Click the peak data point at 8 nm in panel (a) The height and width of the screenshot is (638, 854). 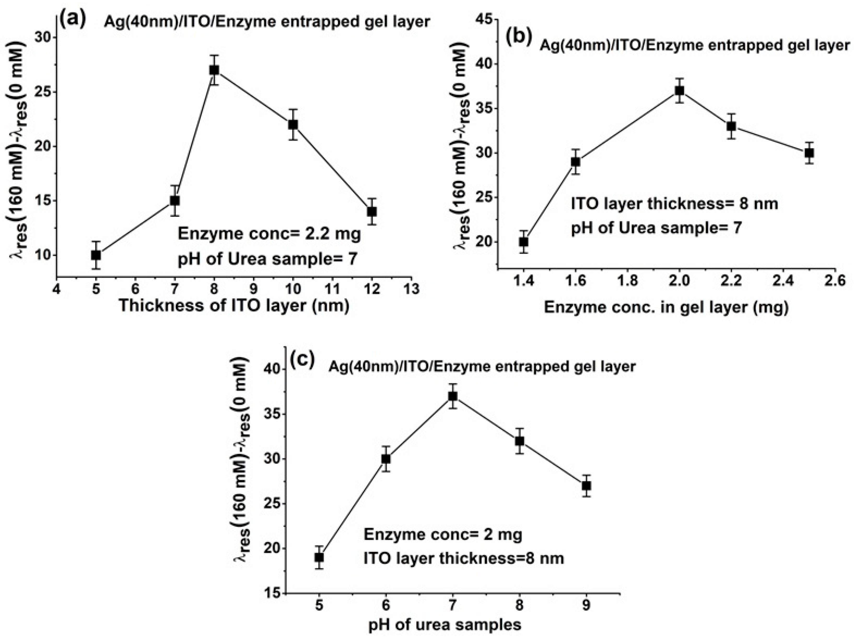pyautogui.click(x=214, y=70)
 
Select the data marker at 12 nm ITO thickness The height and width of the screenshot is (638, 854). pyautogui.click(x=372, y=211)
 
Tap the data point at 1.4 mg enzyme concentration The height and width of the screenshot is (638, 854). pyautogui.click(x=524, y=242)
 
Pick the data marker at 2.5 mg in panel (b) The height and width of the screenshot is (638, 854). pyautogui.click(x=809, y=153)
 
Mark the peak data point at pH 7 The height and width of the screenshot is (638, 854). pyautogui.click(x=453, y=396)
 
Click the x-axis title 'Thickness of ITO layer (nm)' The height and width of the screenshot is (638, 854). pyautogui.click(x=234, y=306)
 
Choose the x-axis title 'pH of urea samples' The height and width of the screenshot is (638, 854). pyautogui.click(x=445, y=624)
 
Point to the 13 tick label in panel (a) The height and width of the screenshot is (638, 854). pyautogui.click(x=411, y=289)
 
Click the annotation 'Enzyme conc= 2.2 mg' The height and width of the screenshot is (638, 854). pyautogui.click(x=269, y=234)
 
